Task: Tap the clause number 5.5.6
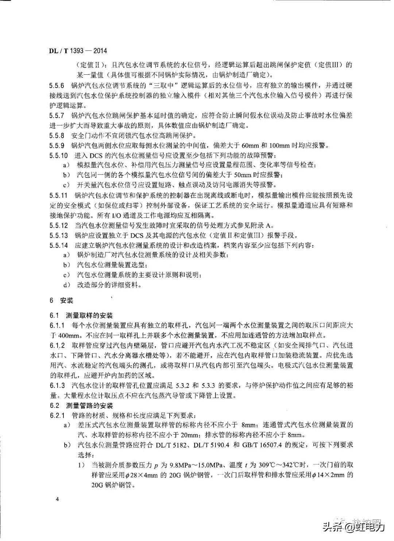[x=57, y=86]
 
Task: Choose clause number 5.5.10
[x=58, y=156]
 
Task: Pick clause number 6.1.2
[x=57, y=345]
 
